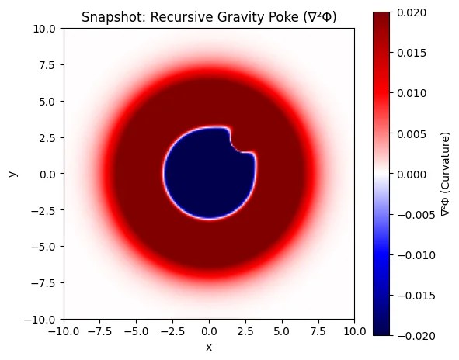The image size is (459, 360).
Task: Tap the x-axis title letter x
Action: pyautogui.click(x=209, y=346)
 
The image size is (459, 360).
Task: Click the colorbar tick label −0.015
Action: pyautogui.click(x=414, y=295)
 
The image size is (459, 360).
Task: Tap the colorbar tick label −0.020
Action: pyautogui.click(x=414, y=335)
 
